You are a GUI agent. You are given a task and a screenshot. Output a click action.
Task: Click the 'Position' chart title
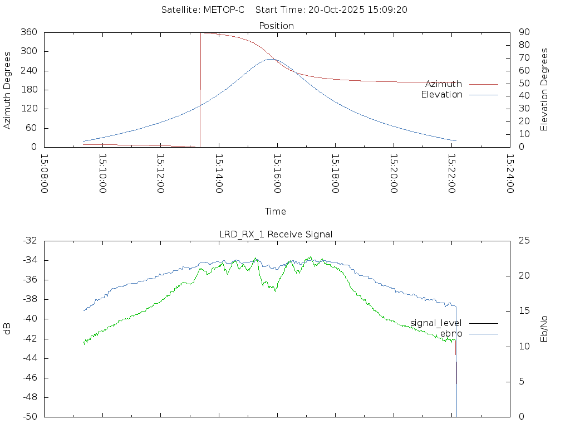[x=277, y=26]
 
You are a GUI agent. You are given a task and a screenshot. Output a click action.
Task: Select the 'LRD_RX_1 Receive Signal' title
[x=276, y=234]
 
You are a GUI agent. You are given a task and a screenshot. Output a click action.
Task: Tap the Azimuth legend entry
[x=444, y=84]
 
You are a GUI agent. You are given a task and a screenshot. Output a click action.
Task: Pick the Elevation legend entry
[x=441, y=95]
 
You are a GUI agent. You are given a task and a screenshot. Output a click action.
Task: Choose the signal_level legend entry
[x=436, y=323]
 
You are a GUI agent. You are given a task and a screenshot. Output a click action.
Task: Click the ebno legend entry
[x=451, y=334]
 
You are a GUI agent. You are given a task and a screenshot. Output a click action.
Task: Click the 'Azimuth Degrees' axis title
[x=8, y=90]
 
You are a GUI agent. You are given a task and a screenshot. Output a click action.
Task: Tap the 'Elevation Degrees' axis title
[x=545, y=90]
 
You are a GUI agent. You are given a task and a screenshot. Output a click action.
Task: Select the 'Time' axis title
[x=276, y=212]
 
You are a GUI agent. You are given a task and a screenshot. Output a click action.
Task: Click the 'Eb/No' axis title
[x=545, y=329]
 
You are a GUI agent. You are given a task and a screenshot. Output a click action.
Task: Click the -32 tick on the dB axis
[x=29, y=241]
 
